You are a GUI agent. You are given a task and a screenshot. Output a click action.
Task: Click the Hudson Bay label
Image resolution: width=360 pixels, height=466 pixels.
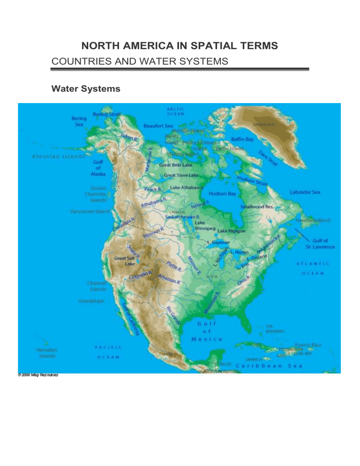[223, 193]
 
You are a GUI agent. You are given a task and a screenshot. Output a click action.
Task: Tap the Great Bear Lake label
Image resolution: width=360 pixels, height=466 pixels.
[176, 165]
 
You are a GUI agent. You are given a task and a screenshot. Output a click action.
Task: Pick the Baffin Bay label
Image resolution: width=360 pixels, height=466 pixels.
[242, 139]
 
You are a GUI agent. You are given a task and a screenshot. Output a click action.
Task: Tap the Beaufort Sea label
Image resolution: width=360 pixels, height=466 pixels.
[158, 126]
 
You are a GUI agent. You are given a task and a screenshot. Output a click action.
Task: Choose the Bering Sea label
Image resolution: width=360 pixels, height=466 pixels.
[78, 122]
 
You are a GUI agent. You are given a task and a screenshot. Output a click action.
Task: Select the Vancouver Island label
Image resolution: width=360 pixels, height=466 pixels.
[90, 211]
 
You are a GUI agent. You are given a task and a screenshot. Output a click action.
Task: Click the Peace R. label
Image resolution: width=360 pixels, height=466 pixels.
[153, 189]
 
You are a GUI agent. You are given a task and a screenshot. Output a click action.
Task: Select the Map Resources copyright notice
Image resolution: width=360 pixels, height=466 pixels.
[38, 375]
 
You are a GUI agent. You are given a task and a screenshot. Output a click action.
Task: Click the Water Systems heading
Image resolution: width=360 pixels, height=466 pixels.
[86, 88]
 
